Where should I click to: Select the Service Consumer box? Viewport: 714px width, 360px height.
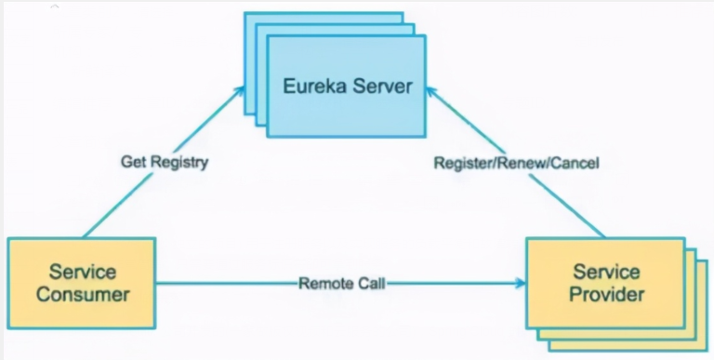83,284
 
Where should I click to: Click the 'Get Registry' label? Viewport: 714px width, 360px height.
165,162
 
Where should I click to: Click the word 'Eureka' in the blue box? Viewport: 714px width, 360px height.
311,89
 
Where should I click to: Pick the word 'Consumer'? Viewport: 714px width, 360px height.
83,295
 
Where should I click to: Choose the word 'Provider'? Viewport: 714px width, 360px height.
605,295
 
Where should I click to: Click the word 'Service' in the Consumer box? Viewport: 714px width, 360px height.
83,273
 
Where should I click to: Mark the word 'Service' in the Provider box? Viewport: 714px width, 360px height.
605,273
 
